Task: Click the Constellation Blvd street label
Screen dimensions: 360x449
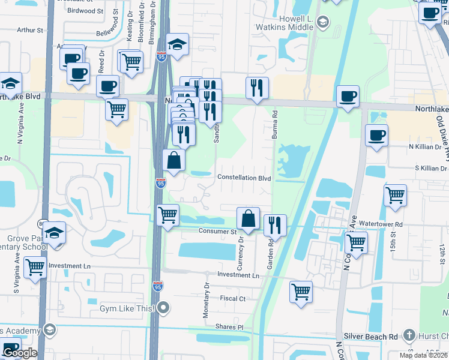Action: (244, 178)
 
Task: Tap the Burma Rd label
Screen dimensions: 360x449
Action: (274, 124)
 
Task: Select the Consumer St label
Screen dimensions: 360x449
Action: (217, 231)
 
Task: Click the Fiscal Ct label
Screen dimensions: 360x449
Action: (233, 298)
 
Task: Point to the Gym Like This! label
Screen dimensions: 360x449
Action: (127, 308)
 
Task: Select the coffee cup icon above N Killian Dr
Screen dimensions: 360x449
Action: (376, 135)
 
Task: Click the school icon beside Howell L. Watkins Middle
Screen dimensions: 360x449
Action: (323, 23)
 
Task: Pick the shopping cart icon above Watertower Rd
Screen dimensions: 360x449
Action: (395, 195)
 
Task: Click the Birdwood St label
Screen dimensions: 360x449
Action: (86, 10)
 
